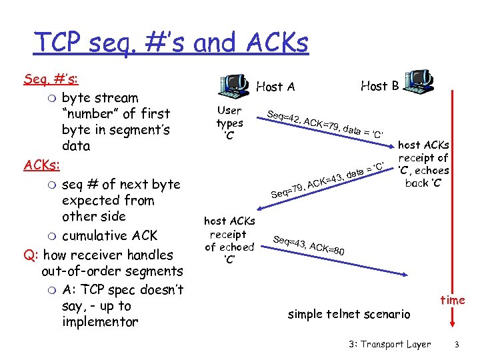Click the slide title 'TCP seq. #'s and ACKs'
171,43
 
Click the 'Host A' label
275,87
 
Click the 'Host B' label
379,85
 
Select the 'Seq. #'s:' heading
51,79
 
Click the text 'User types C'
229,123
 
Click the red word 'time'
452,300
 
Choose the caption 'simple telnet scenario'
349,314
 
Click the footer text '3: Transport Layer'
389,345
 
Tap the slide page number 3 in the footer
457,345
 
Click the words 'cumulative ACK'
109,235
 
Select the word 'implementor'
100,322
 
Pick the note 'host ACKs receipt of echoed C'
229,240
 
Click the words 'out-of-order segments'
112,271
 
